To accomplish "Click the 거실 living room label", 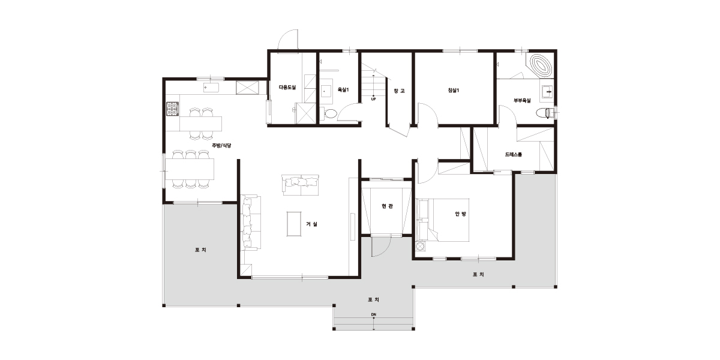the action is tap(311, 224).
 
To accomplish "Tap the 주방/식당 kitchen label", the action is tap(221, 145).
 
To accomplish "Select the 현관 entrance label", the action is tap(387, 206).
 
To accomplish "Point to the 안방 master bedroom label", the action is tap(460, 214).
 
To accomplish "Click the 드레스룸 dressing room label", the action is tap(514, 154).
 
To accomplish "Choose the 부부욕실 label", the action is tap(522, 101).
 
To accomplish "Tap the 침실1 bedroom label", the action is tap(453, 91).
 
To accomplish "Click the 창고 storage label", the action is tap(399, 91).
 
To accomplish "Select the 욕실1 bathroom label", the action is tap(343, 90).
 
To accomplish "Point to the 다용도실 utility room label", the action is tap(287, 87).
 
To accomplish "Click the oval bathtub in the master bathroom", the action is tap(541, 66).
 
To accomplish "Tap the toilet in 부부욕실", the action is tap(545, 113).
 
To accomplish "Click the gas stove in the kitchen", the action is tap(172, 109).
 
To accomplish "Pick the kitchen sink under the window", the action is tap(211, 88).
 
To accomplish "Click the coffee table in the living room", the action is tap(294, 224).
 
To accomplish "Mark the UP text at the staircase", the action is tap(373, 100).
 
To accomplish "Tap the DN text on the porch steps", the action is tap(373, 314).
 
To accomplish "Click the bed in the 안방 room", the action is tap(443, 220).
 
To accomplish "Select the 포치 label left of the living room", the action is tap(200, 250).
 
